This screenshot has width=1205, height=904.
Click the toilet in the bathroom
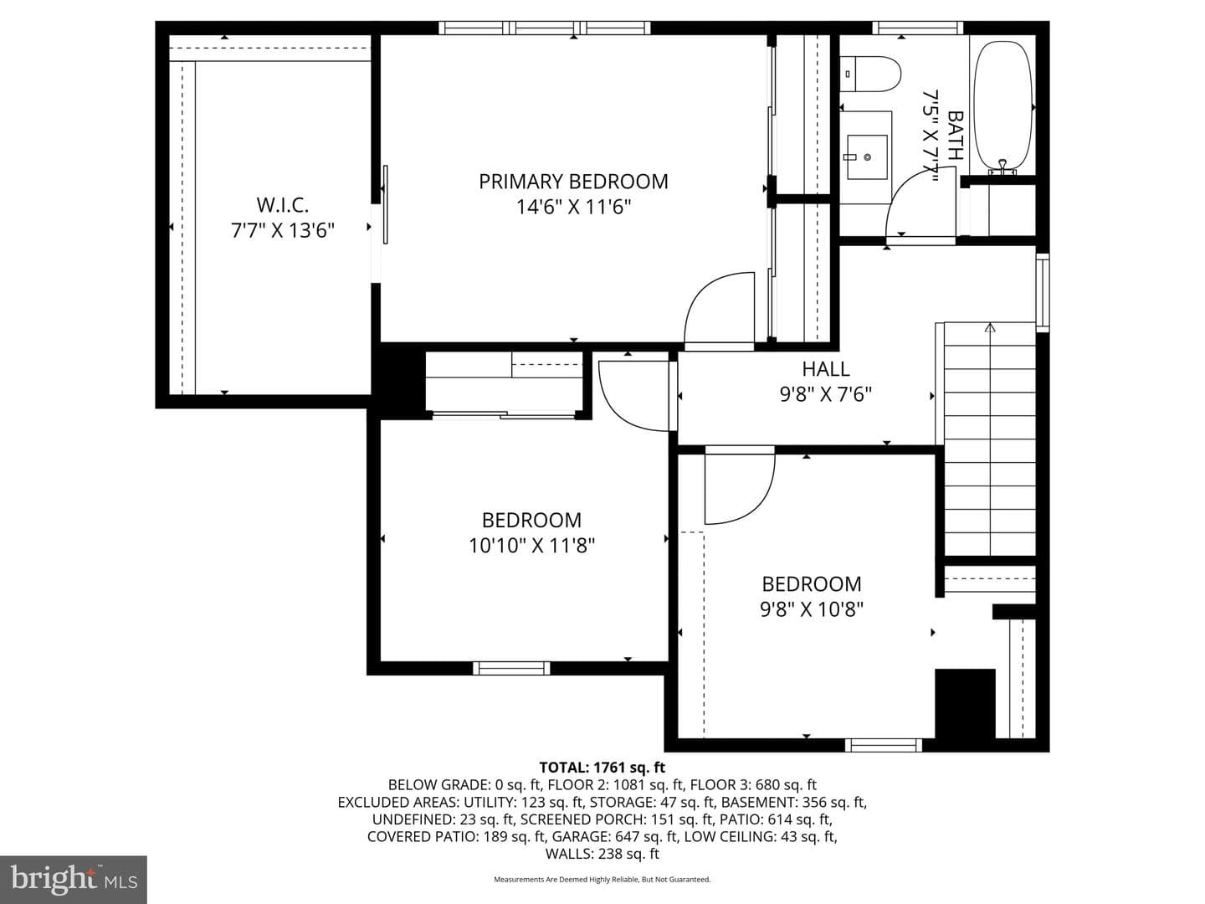pyautogui.click(x=870, y=74)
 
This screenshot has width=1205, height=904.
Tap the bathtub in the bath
pyautogui.click(x=1002, y=106)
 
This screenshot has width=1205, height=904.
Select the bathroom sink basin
pyautogui.click(x=867, y=157)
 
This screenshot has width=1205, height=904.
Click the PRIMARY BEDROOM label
pyautogui.click(x=573, y=182)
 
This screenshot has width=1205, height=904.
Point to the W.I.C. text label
pyautogui.click(x=282, y=205)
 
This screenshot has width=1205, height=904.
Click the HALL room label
pyautogui.click(x=826, y=369)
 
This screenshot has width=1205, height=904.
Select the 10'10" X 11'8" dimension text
pyautogui.click(x=531, y=546)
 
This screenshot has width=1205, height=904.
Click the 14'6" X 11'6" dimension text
pyautogui.click(x=573, y=208)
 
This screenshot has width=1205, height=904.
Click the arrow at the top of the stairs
pyautogui.click(x=990, y=327)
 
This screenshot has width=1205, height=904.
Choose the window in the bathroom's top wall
pyautogui.click(x=917, y=28)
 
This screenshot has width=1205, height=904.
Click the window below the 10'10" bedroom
pyautogui.click(x=511, y=668)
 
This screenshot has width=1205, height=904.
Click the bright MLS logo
pyautogui.click(x=74, y=880)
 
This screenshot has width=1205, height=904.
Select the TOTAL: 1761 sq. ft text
pyautogui.click(x=602, y=767)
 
